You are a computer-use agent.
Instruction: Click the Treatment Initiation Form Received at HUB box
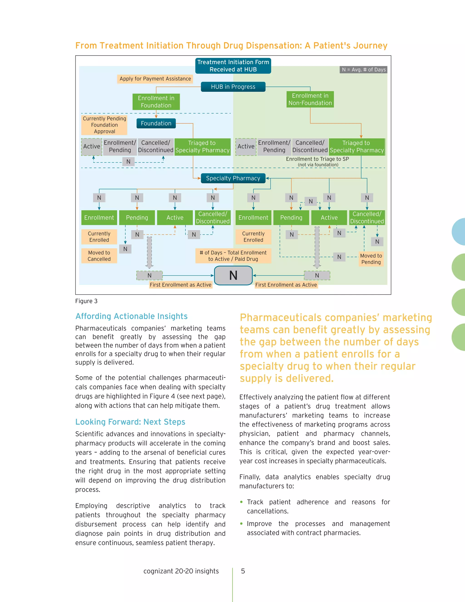233,66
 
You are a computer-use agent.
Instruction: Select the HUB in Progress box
233,87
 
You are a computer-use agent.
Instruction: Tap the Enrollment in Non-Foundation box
310,99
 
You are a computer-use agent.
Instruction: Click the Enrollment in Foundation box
156,102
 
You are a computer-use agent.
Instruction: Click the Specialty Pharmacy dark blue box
233,178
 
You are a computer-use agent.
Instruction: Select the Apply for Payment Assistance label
155,79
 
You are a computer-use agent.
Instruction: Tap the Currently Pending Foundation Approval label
104,125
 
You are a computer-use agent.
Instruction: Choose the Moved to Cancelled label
99,256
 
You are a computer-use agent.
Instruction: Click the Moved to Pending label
371,259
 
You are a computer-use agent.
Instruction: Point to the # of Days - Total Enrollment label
233,256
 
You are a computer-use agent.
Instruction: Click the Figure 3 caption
86,301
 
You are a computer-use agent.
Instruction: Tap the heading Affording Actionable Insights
131,316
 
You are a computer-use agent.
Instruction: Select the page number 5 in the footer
243,571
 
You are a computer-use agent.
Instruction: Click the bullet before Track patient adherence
241,502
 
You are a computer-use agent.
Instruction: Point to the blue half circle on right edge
459,232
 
